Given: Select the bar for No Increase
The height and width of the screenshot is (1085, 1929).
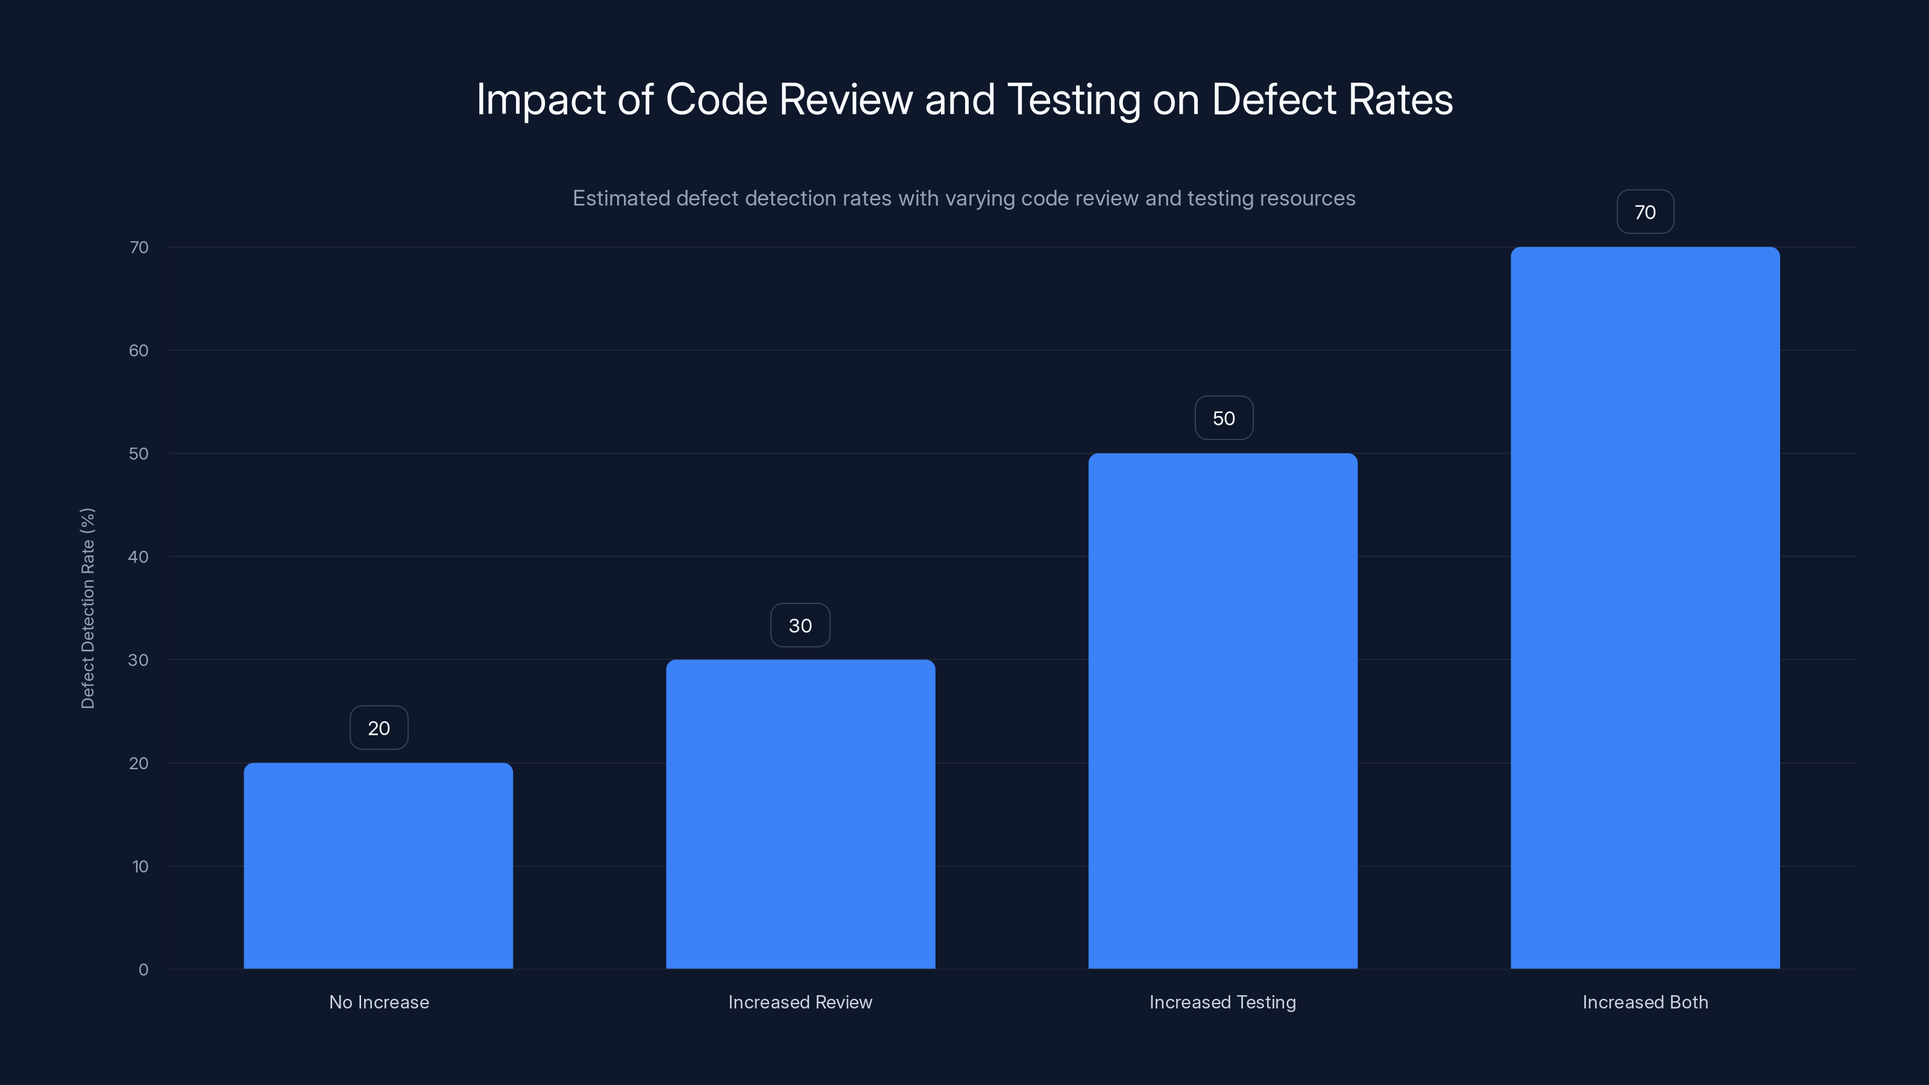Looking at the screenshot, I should coord(378,866).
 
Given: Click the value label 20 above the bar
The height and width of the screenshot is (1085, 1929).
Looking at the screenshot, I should coord(379,728).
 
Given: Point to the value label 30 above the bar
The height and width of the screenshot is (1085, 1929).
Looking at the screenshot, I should coord(800,625).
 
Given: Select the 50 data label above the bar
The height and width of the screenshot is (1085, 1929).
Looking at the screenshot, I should coord(1224,418).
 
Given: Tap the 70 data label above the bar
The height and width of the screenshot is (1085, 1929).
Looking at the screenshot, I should coord(1644,212).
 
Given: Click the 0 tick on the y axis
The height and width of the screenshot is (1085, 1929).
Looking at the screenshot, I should coord(143,970).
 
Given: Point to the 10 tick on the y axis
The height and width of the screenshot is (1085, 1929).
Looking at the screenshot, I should coord(140,866).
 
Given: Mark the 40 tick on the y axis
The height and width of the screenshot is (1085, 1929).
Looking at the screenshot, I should coord(139,556).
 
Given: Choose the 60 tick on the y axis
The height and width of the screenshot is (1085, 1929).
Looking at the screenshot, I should coord(139,350).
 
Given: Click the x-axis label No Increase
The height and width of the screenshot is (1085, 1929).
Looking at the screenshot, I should coord(379,1002).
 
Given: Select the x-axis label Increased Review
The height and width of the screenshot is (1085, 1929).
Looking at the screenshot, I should coord(800,1002).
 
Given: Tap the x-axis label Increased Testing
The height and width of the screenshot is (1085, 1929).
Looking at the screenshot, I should coord(1222,1002).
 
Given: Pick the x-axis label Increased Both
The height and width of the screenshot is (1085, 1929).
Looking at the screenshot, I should coord(1644,1002).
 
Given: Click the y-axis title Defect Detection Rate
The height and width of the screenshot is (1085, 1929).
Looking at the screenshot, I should coord(87,608).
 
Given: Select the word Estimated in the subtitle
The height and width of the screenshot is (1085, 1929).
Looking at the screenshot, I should coord(621,198).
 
